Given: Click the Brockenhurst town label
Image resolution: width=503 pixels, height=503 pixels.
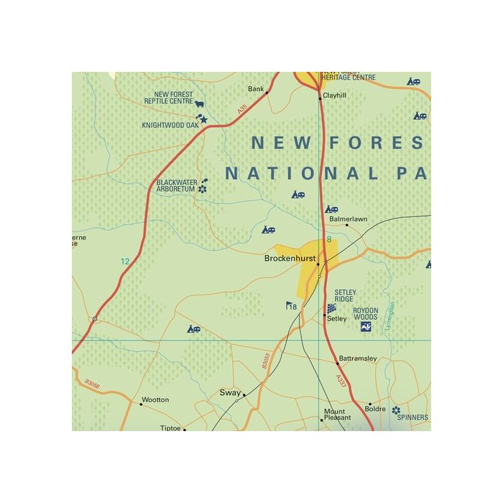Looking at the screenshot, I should pos(291,258).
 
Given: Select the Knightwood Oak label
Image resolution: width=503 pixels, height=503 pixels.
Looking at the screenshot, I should pos(170,125).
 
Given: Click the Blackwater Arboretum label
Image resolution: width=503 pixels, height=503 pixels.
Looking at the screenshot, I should pos(176,185).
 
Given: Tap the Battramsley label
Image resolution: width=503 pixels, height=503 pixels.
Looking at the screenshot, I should pos(357,359).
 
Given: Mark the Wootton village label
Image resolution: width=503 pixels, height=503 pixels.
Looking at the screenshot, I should pos(155,400).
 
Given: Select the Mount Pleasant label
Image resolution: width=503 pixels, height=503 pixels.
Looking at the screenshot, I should pos(338,414).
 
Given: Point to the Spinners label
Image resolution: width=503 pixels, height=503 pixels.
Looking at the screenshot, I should pos(412,417).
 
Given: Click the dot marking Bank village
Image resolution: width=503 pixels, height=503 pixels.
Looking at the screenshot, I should pos(267,92).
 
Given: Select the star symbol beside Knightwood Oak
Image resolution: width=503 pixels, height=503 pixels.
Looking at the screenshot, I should pos(203,120).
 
